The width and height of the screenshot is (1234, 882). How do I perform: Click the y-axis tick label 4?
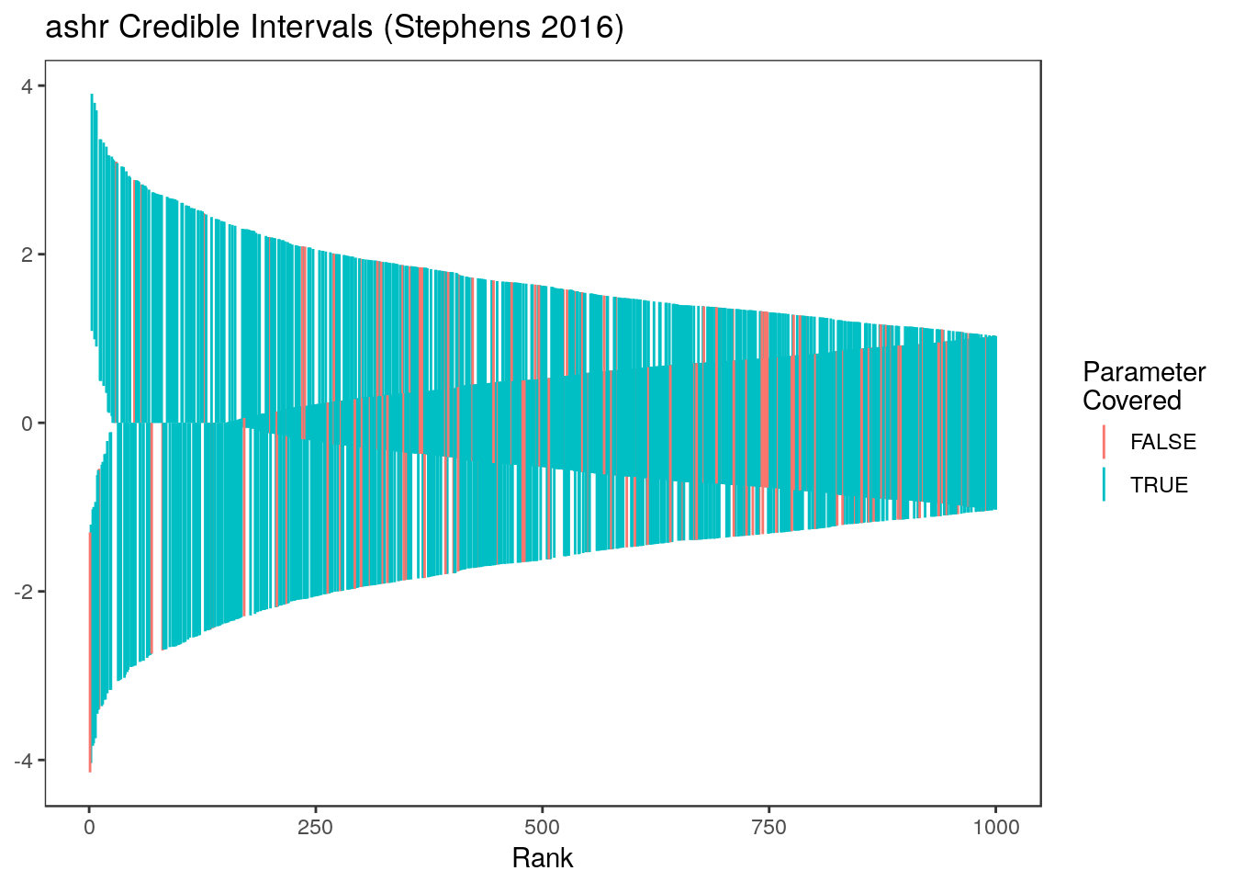coord(27,85)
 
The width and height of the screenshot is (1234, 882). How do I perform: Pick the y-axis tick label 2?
coord(27,254)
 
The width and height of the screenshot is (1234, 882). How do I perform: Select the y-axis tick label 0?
coord(27,423)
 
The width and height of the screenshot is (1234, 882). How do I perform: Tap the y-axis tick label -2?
coord(23,592)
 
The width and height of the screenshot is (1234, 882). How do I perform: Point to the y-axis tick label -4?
coord(23,761)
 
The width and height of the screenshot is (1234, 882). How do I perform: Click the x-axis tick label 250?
coord(315,828)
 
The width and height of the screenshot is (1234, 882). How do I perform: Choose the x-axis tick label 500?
coord(542,828)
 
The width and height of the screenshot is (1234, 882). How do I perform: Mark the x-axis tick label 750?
coord(768,828)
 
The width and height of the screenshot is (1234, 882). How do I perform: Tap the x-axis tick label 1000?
coord(995,828)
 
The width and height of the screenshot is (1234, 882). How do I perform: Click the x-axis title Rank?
coord(542,858)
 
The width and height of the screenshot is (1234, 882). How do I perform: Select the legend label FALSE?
coord(1163,442)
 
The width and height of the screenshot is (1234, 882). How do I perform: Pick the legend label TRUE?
coord(1159,485)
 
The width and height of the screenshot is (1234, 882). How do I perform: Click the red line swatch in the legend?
coord(1104,442)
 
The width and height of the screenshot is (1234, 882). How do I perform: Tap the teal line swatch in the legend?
coord(1104,485)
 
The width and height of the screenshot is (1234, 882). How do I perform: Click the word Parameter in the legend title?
coord(1144,372)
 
